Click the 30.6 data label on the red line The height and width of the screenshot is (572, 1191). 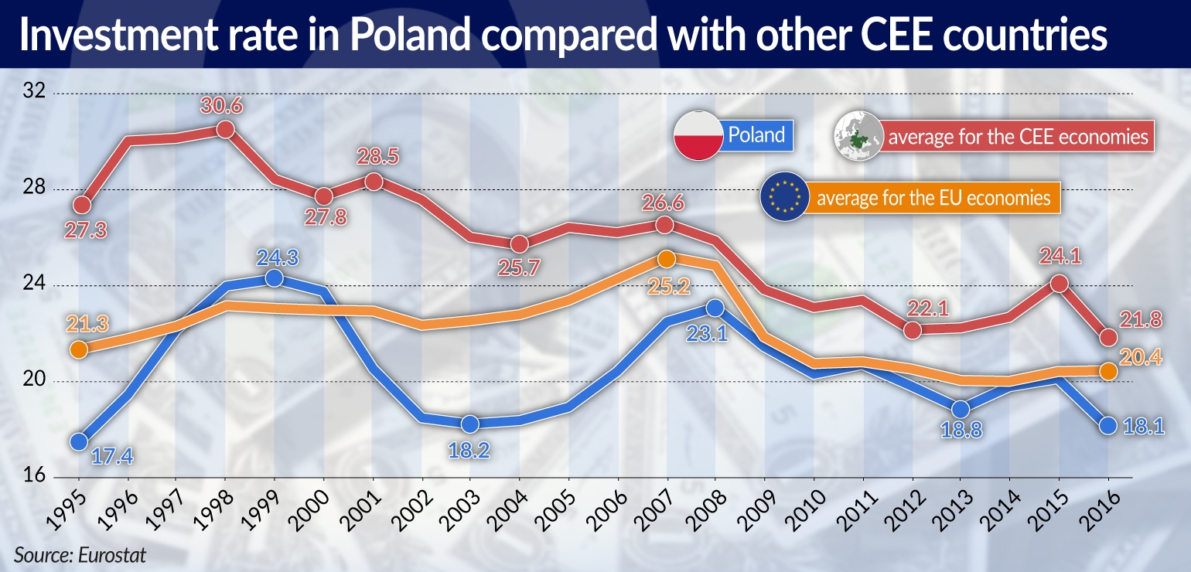click(225, 105)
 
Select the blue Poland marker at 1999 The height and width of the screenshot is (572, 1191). click(274, 278)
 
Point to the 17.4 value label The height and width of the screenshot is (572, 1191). click(113, 457)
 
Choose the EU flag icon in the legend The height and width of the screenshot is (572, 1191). click(783, 197)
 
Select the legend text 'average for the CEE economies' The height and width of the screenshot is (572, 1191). click(1018, 137)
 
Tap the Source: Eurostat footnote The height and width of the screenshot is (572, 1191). click(80, 554)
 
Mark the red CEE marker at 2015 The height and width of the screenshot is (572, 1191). click(1059, 284)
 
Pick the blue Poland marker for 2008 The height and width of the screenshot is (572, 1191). click(715, 308)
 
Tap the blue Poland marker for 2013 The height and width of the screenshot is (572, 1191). click(960, 409)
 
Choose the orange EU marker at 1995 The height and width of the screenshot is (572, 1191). click(78, 349)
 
